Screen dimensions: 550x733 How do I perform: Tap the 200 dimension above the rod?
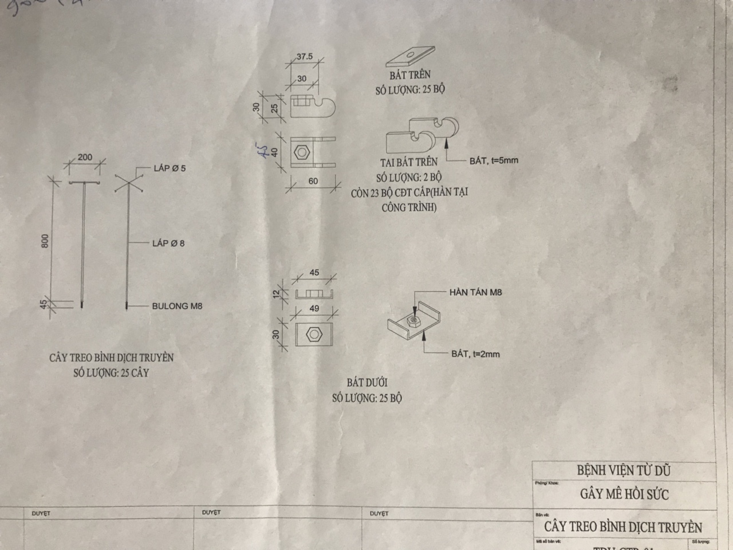[85, 157]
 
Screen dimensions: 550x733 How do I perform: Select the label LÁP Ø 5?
[170, 168]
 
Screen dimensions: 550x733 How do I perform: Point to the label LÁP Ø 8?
[168, 243]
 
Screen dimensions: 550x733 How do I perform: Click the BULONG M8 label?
[177, 306]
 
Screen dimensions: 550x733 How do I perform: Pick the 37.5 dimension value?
[305, 57]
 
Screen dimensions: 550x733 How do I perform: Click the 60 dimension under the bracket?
[313, 181]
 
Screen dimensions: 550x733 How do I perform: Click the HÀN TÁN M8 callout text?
[475, 292]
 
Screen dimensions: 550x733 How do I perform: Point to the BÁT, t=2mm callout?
[475, 354]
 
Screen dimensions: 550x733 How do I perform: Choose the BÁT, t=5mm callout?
[494, 160]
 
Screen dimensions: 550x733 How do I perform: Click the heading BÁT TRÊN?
[409, 74]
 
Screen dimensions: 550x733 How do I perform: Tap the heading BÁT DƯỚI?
[367, 382]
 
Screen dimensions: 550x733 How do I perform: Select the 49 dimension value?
[314, 308]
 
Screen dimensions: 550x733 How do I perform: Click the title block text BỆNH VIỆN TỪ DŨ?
[623, 471]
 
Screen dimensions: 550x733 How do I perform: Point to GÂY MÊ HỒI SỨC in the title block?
[624, 494]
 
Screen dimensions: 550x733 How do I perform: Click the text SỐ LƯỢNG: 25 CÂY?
[111, 373]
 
